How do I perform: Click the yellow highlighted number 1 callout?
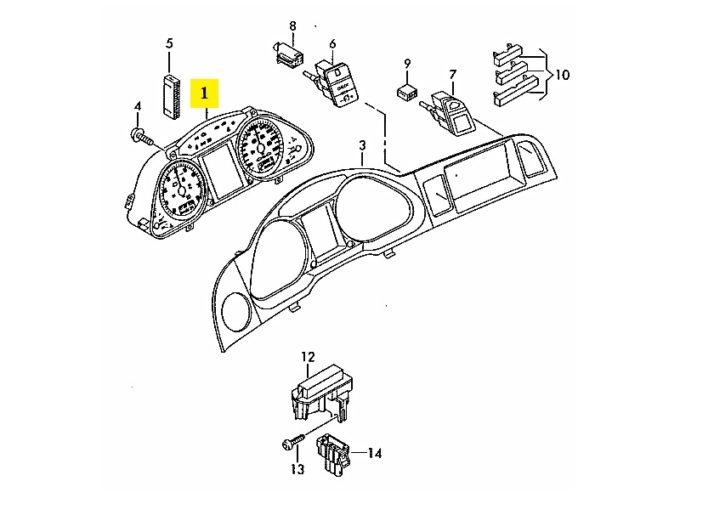coord(206,94)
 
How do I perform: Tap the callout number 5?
coord(169,42)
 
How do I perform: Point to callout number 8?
coord(292,25)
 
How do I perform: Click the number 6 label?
coord(331,43)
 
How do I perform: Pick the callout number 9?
coord(407,63)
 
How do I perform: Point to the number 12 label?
coord(308,357)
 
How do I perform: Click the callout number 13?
coord(297,469)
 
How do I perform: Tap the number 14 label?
coord(374,454)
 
